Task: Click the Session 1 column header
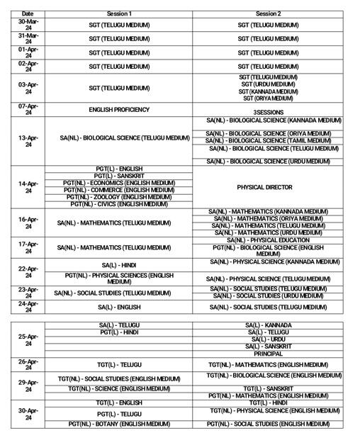tap(119, 13)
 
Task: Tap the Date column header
tap(28, 13)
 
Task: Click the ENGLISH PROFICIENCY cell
tap(119, 110)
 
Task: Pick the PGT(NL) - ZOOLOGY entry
tap(119, 197)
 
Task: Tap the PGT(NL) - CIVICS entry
tap(119, 204)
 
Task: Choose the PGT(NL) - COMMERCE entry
tap(119, 190)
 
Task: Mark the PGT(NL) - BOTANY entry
tap(119, 424)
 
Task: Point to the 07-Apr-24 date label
tap(28, 109)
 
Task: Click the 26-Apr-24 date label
tap(28, 364)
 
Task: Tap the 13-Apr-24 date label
tap(28, 141)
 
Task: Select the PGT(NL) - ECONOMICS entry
tap(119, 183)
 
